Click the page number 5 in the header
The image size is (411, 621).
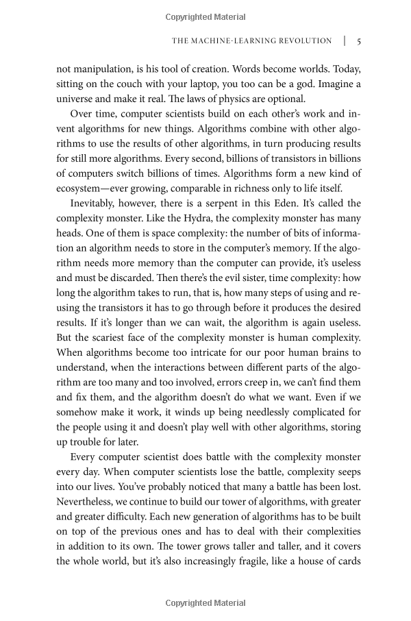(358, 41)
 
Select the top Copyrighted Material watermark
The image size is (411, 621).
(206, 16)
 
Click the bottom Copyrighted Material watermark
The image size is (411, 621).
(206, 603)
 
